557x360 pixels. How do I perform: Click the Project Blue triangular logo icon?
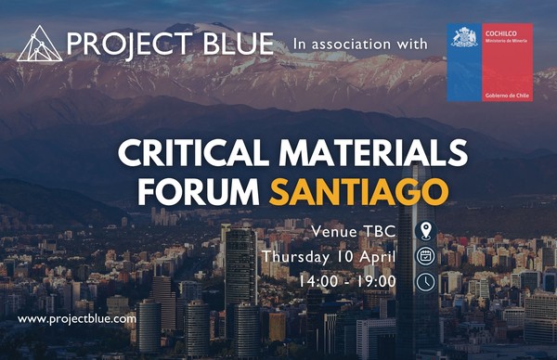click(x=40, y=44)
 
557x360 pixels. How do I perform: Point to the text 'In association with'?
click(x=359, y=44)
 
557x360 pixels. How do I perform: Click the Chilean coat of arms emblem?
click(x=462, y=38)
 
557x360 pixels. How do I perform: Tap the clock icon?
click(x=425, y=280)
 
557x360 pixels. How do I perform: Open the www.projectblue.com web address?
click(x=77, y=318)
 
